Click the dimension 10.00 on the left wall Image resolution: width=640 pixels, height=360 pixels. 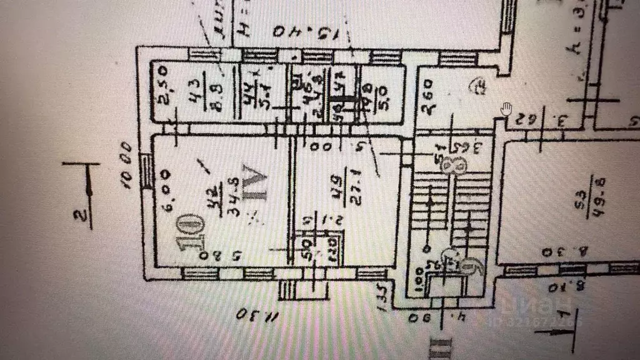[x=127, y=166]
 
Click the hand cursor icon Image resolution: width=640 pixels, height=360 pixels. [x=506, y=109]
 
